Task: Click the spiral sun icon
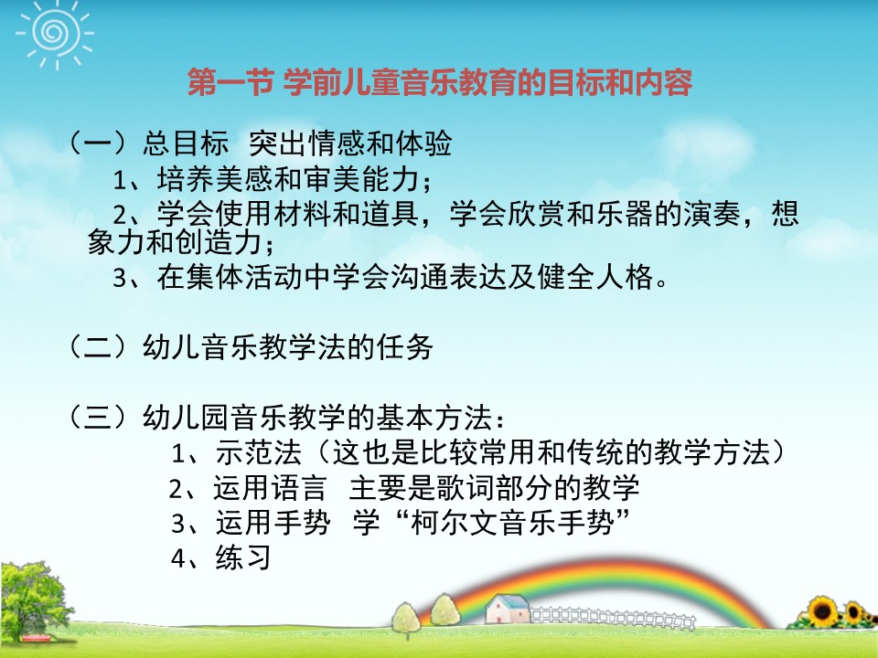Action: click(55, 34)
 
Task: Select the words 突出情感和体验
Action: click(350, 143)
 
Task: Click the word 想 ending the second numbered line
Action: click(785, 213)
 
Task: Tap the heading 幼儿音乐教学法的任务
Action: click(288, 347)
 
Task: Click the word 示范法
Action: click(259, 452)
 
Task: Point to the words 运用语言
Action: click(269, 488)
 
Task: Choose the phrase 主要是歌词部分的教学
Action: click(495, 488)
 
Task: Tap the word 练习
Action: click(243, 557)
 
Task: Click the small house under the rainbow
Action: click(508, 609)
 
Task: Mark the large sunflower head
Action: click(822, 611)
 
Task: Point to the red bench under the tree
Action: click(37, 639)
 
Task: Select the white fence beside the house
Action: click(613, 618)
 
